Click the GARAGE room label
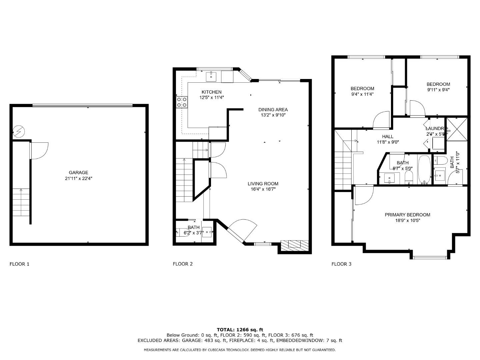78,172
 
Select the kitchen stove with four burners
182,102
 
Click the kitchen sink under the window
211,77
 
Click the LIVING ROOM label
263,184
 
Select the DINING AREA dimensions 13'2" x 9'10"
273,115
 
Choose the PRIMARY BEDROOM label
407,215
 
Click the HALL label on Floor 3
388,136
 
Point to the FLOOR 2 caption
183,264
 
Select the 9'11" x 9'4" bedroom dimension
438,90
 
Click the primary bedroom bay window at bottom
430,257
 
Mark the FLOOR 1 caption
19,264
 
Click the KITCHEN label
211,92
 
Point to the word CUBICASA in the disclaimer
217,350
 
